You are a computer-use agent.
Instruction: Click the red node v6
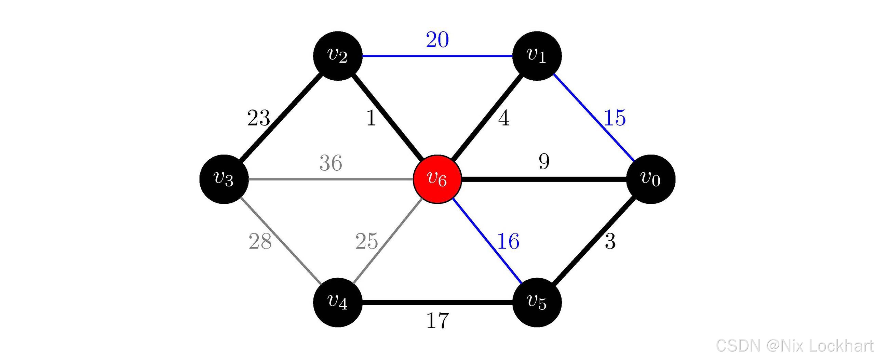437,179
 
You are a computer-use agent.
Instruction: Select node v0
650,179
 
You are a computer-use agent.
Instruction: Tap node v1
537,56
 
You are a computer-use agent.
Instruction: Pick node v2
338,56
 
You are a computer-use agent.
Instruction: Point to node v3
224,179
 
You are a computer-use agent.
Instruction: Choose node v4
338,302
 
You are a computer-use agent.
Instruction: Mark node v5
537,302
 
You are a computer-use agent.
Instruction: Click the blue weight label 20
437,40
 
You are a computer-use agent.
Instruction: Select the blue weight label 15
615,118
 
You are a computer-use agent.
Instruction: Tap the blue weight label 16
508,241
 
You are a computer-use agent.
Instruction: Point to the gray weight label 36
331,163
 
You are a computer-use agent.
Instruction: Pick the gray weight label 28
260,241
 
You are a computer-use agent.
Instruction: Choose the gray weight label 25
366,241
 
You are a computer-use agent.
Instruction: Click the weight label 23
258,118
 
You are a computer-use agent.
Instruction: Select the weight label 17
437,321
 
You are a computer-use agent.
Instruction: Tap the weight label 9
544,161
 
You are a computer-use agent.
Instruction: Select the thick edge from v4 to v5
437,302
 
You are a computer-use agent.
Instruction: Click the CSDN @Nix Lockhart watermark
794,346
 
